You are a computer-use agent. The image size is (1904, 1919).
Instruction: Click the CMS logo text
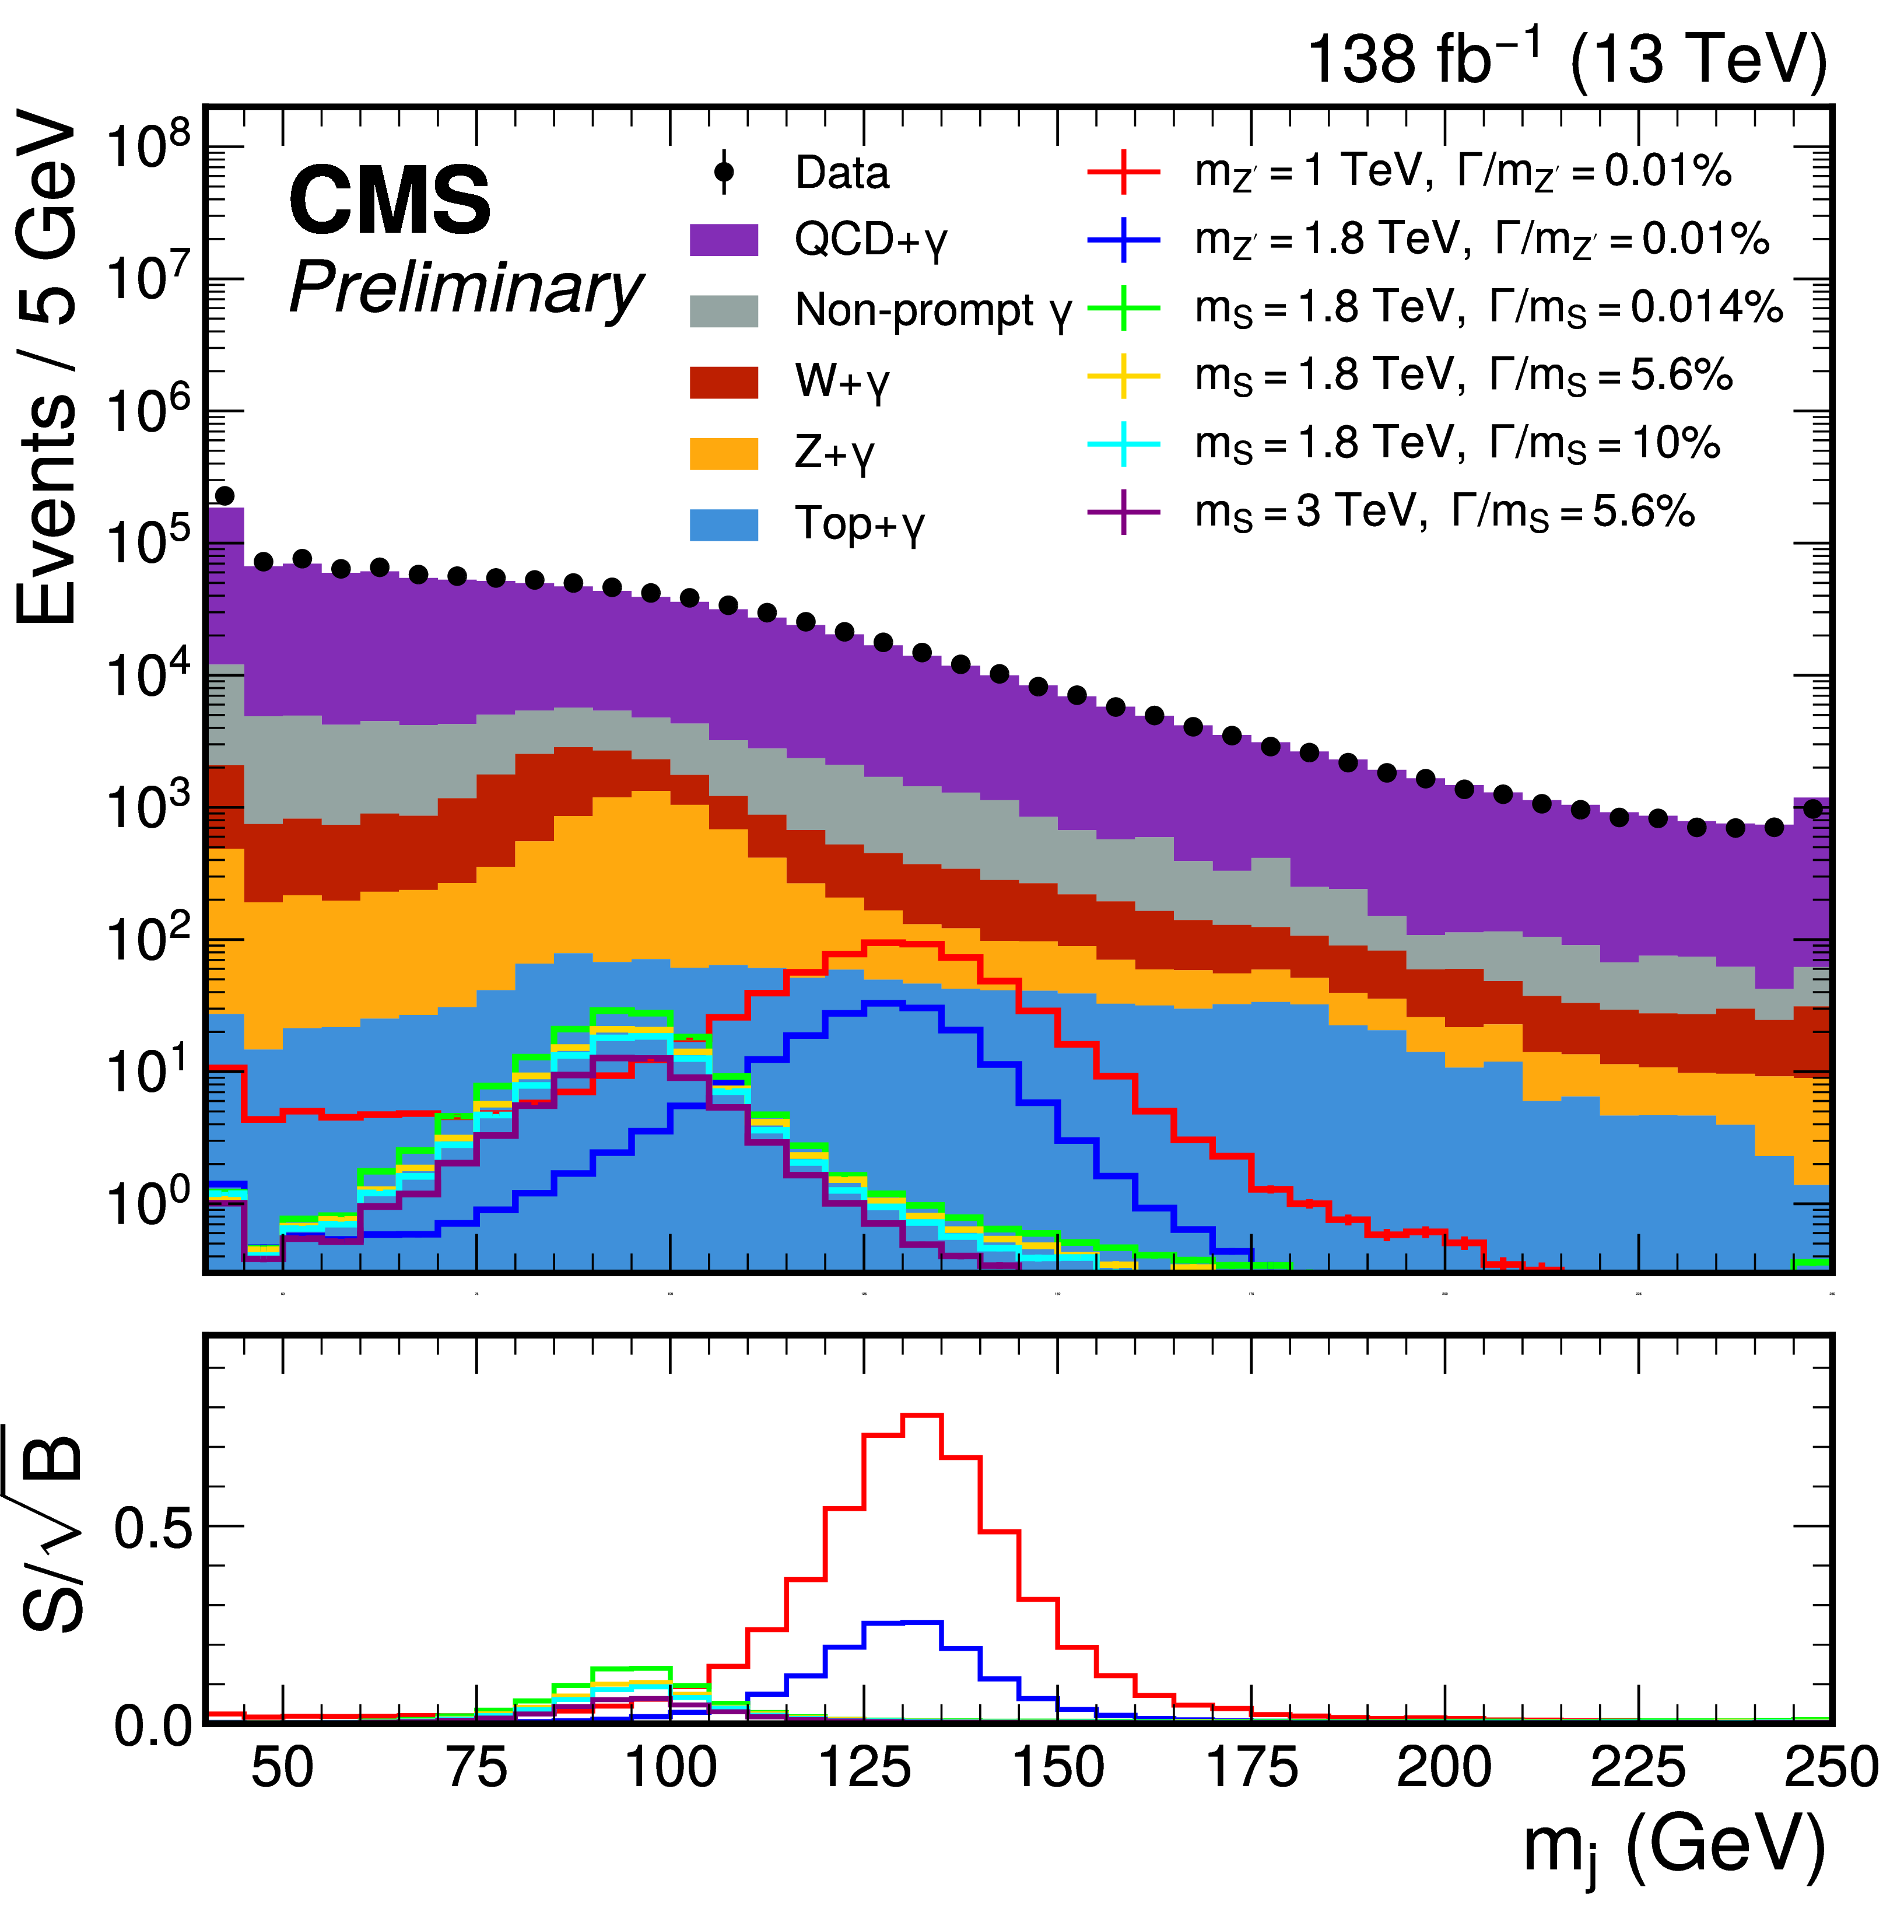tap(390, 201)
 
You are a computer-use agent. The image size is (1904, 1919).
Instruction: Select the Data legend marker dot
tap(724, 173)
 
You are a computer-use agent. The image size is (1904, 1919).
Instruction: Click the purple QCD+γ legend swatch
tap(724, 240)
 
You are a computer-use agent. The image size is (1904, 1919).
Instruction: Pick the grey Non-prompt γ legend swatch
tap(724, 311)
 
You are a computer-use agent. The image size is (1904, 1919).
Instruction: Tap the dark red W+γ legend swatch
tap(724, 381)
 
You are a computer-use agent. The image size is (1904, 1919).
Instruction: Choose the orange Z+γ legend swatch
tap(724, 453)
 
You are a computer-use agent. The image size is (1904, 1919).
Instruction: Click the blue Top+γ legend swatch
tap(724, 523)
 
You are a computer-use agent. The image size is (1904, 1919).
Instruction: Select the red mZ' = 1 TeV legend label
tap(1462, 173)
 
